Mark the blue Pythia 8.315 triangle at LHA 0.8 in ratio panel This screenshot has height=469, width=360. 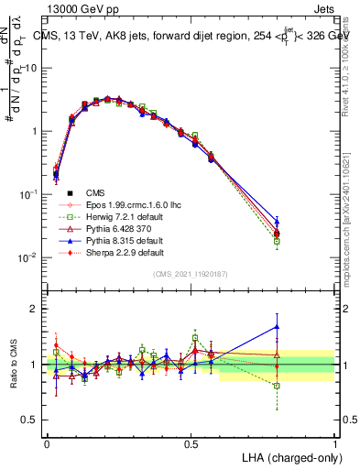[x=278, y=326]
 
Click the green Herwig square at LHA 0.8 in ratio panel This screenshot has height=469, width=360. [x=278, y=385]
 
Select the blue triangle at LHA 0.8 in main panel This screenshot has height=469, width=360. [x=278, y=221]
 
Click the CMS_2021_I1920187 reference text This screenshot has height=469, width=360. [x=190, y=275]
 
